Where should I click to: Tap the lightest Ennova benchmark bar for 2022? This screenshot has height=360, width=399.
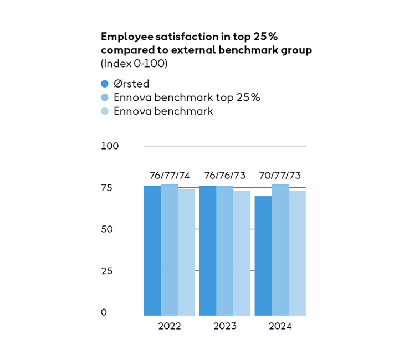187,252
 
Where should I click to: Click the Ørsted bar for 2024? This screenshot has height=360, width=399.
263,255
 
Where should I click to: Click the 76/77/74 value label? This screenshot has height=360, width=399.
170,176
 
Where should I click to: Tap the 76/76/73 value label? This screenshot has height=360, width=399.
225,176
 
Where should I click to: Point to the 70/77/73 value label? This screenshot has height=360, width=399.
280,176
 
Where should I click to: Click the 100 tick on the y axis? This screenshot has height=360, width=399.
110,146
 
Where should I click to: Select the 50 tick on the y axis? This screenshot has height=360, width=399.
108,229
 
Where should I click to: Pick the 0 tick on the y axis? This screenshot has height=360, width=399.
104,312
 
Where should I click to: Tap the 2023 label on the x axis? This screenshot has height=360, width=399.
225,326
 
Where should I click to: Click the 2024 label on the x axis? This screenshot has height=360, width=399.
280,326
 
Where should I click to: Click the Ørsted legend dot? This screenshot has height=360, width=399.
104,84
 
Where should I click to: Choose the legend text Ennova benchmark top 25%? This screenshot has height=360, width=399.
187,97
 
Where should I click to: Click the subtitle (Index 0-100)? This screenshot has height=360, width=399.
134,63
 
